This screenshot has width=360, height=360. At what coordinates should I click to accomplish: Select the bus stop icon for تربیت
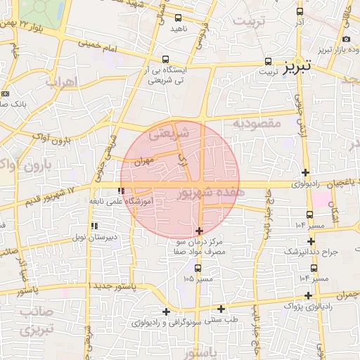pyautogui.click(x=268, y=60)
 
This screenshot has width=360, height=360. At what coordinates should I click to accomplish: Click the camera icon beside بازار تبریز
pyautogui.click(x=346, y=39)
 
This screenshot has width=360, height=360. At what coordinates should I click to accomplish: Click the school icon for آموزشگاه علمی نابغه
pyautogui.click(x=122, y=191)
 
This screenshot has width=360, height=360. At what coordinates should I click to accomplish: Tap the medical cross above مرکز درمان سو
pyautogui.click(x=200, y=231)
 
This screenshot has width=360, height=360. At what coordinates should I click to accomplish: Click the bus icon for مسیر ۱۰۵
pyautogui.click(x=197, y=268)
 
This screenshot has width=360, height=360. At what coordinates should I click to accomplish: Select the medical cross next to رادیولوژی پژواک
pyautogui.click(x=309, y=295)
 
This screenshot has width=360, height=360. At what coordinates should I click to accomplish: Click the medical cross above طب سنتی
pyautogui.click(x=221, y=308)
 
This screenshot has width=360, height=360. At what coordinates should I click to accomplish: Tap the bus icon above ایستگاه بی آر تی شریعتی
pyautogui.click(x=165, y=60)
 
